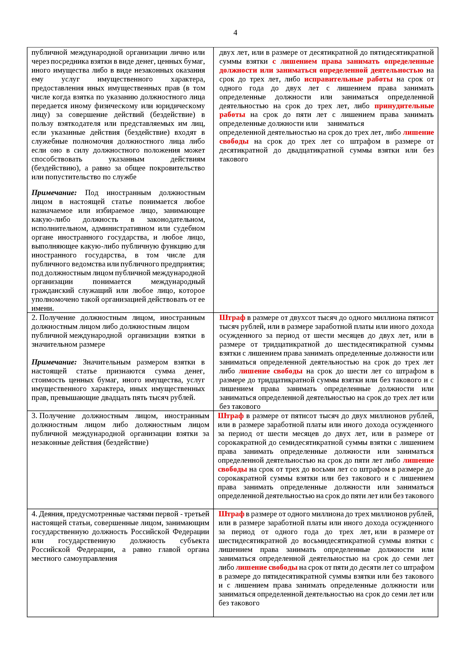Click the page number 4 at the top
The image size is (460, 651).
pyautogui.click(x=235, y=33)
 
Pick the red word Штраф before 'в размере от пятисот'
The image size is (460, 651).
pyautogui.click(x=231, y=416)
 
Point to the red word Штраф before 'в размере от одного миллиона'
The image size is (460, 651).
pyautogui.click(x=231, y=514)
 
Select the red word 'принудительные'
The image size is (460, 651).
pyautogui.click(x=404, y=106)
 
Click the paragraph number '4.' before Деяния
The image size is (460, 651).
pyautogui.click(x=34, y=514)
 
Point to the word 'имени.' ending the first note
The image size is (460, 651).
pyautogui.click(x=42, y=308)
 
